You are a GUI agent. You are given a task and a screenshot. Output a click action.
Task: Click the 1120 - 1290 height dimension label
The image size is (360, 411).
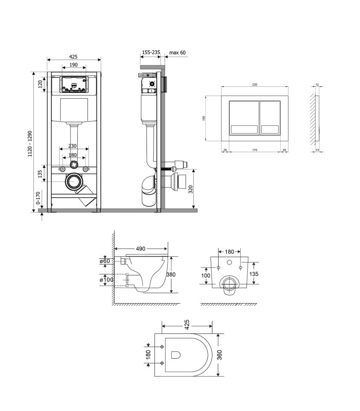coord(30,144)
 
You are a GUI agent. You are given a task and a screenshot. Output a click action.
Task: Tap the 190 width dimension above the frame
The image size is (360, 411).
coord(74,65)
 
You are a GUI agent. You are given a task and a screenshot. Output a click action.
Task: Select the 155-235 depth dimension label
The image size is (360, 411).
coord(151,52)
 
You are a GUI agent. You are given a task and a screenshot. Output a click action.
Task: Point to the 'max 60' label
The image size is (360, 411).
coord(177,52)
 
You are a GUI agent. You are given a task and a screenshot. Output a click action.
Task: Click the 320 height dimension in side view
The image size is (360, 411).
coord(191,189)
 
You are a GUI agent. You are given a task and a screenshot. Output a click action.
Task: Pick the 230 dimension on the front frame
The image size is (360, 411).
coord(73,146)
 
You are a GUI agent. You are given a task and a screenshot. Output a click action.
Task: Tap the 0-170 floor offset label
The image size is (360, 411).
coord(38,198)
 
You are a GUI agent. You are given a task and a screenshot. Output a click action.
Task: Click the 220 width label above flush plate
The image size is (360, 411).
coord(255,85)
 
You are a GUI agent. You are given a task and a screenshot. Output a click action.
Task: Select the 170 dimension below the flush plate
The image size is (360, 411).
coord(255,150)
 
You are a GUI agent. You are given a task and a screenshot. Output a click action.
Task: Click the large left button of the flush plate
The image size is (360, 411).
coord(244,118)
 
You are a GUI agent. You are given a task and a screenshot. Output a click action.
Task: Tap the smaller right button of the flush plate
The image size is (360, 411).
coord(270,118)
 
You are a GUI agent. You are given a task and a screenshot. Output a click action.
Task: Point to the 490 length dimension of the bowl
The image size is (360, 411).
coord(140,249)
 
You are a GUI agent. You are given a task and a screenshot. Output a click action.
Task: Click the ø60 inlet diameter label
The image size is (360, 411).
coord(105,261)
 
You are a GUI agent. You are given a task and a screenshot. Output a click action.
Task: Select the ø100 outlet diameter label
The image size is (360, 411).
coord(106,279)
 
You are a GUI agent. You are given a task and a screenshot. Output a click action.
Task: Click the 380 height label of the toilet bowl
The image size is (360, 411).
coord(171,274)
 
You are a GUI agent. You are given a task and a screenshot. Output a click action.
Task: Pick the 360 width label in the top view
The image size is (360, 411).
coord(220,355)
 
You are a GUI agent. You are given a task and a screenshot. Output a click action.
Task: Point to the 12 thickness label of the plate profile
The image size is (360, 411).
coord(317,85)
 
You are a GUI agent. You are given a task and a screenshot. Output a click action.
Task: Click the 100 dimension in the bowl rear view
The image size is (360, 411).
coord(206,275)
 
